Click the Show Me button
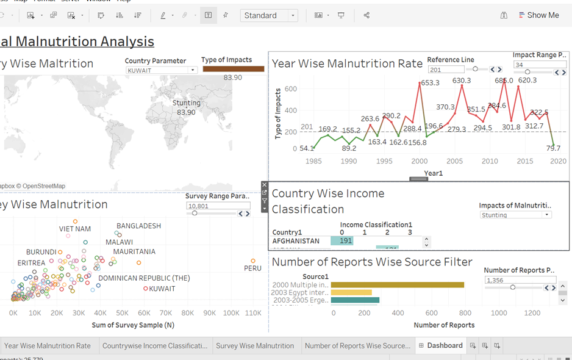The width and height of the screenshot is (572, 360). point(538,15)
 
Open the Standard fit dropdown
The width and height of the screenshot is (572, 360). point(269,15)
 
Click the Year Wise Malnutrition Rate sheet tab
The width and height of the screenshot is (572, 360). point(48,345)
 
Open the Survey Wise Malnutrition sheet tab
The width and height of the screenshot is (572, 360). point(254,345)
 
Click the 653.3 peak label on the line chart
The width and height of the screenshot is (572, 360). point(430,83)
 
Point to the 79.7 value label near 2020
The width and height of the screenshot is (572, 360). point(553,148)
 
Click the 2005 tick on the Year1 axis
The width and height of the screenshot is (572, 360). point(454,161)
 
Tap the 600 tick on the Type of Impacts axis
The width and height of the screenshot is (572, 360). point(290,89)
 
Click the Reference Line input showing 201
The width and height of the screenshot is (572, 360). point(446,70)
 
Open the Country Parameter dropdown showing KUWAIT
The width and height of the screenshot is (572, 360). point(162,70)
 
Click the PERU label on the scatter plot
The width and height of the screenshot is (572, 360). point(252,268)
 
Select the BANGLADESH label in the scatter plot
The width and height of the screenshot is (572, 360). point(138,226)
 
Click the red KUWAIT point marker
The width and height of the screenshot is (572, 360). point(146,289)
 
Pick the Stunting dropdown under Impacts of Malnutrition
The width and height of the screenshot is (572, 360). point(515,215)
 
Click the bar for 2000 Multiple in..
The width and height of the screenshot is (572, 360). point(397,285)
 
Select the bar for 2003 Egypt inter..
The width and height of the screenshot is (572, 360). point(351,293)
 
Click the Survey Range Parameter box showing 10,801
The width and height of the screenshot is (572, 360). point(218,206)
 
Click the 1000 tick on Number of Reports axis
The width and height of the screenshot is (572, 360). point(499,313)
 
